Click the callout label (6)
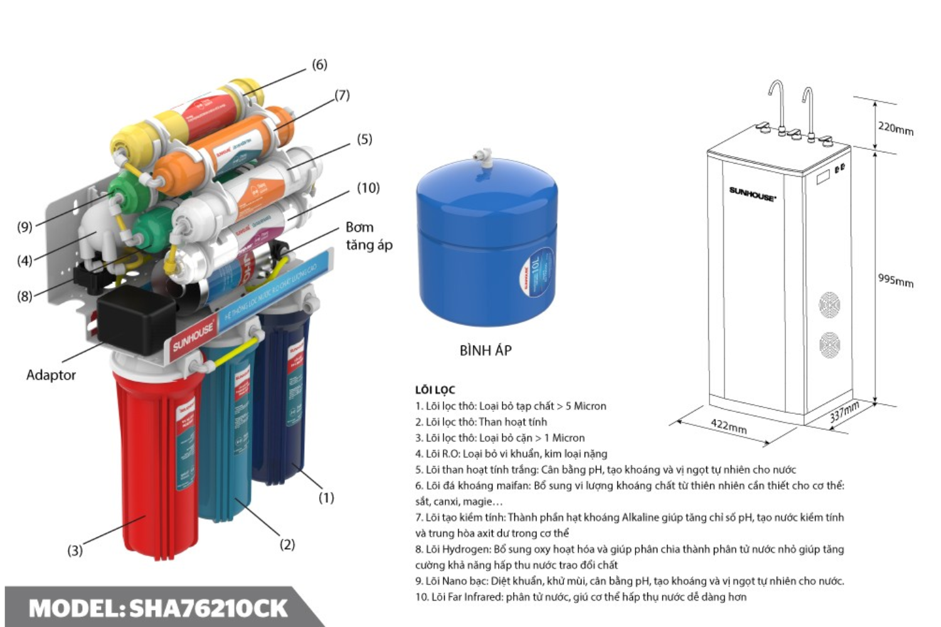(319, 65)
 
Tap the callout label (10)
(368, 187)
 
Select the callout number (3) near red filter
(75, 551)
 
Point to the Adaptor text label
(51, 375)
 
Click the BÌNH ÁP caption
(486, 350)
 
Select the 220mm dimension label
(895, 128)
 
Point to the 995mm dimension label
(895, 280)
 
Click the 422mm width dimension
(728, 426)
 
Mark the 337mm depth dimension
(844, 413)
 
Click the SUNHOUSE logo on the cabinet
(752, 194)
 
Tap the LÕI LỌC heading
(435, 390)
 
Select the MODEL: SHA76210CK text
(158, 608)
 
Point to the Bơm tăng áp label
(368, 236)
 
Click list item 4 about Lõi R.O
(511, 453)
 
